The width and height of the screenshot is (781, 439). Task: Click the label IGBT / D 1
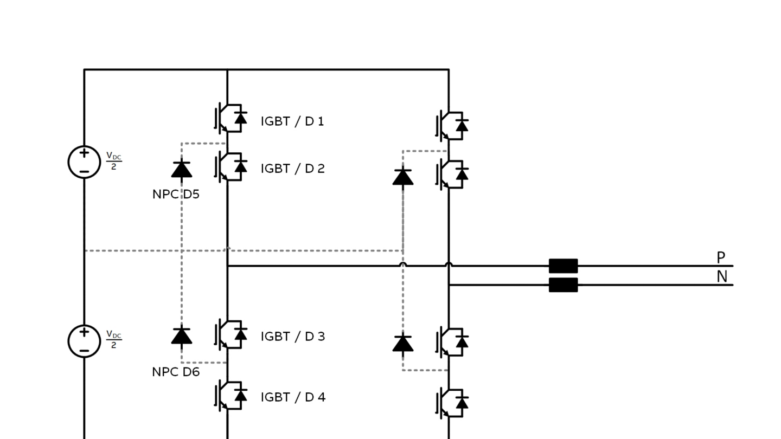coord(292,121)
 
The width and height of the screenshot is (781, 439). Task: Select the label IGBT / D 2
coord(292,169)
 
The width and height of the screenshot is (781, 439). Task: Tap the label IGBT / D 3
coord(292,337)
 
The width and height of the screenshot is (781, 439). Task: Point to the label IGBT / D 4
coord(293,397)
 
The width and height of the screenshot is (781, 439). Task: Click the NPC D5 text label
coord(176,194)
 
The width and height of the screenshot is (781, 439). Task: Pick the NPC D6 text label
coord(176,372)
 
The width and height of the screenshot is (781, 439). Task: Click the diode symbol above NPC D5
coord(181,169)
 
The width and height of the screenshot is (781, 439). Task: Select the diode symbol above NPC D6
coord(181,335)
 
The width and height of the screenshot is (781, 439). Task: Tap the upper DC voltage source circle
coord(84,162)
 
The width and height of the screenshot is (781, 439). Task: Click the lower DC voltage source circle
coord(84,341)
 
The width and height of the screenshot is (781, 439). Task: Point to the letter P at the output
coord(721,257)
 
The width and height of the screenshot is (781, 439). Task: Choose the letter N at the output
coord(721,277)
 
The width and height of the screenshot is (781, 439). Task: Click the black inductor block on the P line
coord(563,266)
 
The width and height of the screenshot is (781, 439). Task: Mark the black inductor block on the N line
coord(563,285)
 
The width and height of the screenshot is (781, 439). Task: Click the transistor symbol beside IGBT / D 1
coord(231,118)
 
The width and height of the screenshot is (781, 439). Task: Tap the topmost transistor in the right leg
coord(452,125)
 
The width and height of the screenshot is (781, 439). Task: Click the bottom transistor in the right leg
coord(452,403)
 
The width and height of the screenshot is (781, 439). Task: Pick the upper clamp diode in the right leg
coord(402,177)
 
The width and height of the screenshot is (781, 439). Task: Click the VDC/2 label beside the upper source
coord(113,162)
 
